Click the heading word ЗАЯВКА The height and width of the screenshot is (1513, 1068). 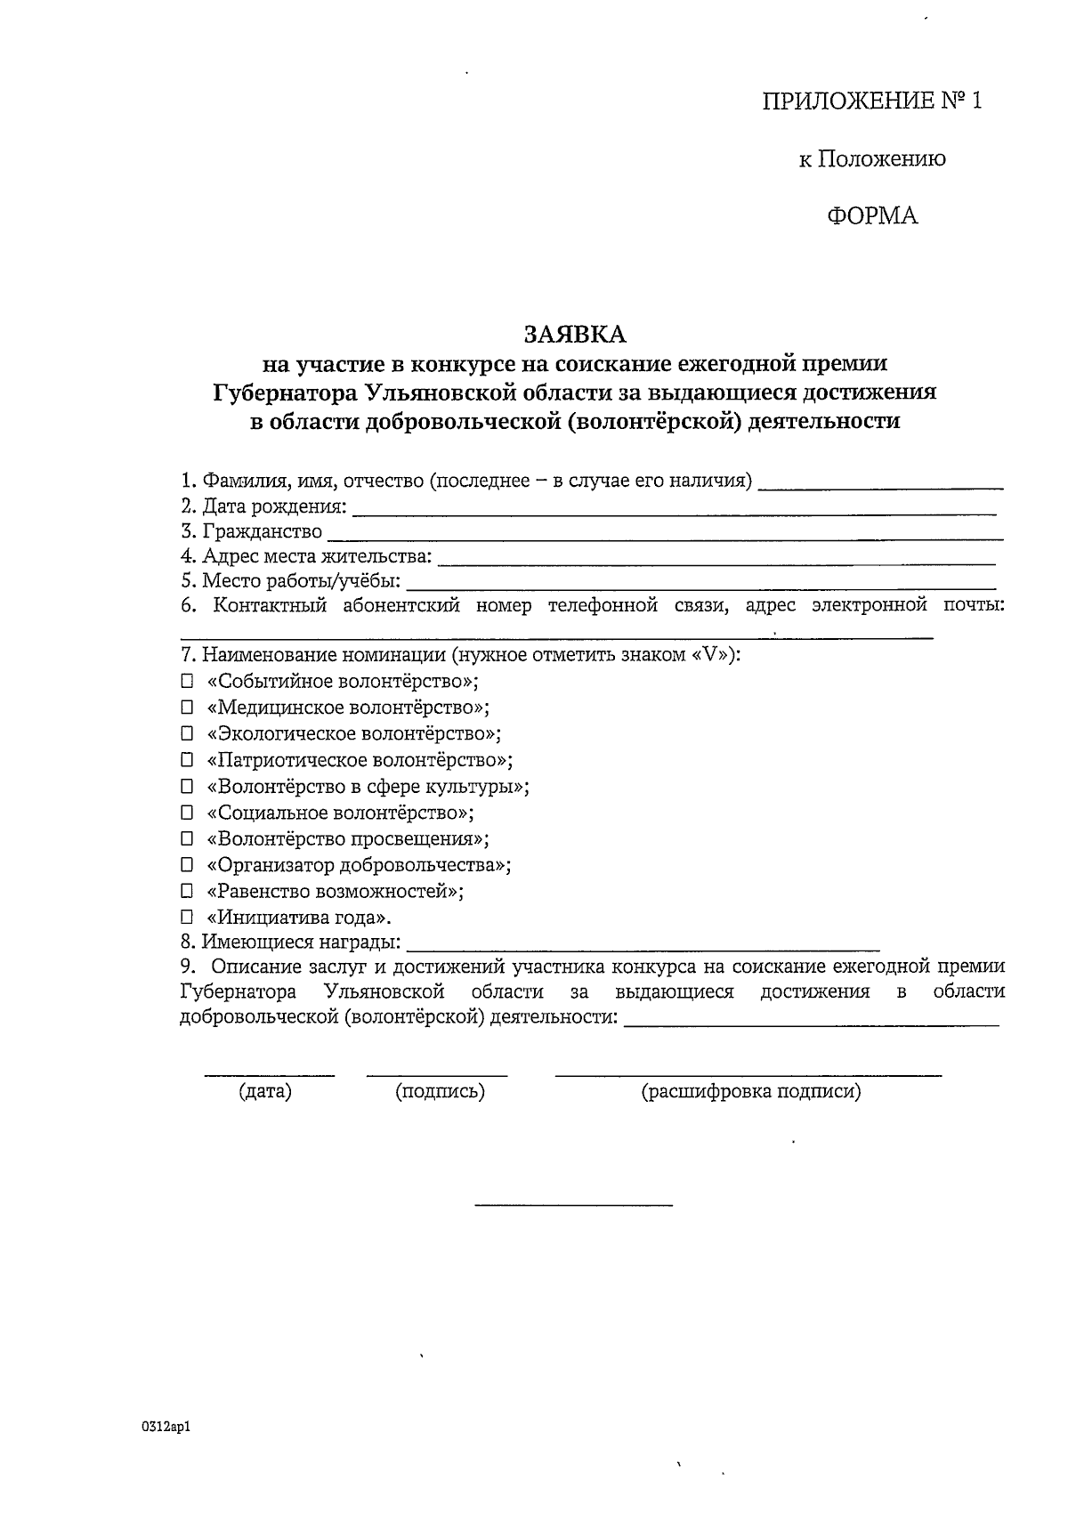tap(575, 334)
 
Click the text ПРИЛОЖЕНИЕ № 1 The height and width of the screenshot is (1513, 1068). tap(872, 101)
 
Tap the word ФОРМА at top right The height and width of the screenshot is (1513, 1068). tap(872, 216)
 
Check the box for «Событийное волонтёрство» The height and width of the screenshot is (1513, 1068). tap(187, 683)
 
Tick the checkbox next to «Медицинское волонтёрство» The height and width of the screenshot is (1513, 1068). tap(187, 708)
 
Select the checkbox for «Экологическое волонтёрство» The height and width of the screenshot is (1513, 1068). tap(187, 734)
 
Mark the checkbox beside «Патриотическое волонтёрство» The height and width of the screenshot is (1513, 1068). tap(187, 761)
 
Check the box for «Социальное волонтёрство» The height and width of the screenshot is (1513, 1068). tap(187, 813)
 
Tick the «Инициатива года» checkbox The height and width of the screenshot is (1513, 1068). tap(187, 918)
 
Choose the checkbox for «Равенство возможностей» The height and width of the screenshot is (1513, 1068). tap(187, 891)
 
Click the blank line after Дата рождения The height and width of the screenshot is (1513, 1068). tap(674, 509)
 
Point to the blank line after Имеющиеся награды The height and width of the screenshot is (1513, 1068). tap(643, 944)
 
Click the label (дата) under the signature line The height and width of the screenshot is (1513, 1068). tap(265, 1092)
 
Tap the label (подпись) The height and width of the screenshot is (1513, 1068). tap(440, 1092)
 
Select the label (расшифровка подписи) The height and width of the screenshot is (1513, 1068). tap(751, 1092)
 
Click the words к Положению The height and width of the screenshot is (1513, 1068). tap(872, 159)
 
